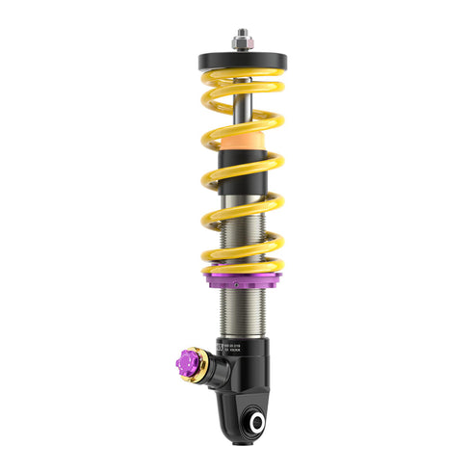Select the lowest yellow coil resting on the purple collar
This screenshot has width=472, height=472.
tap(241, 263)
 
